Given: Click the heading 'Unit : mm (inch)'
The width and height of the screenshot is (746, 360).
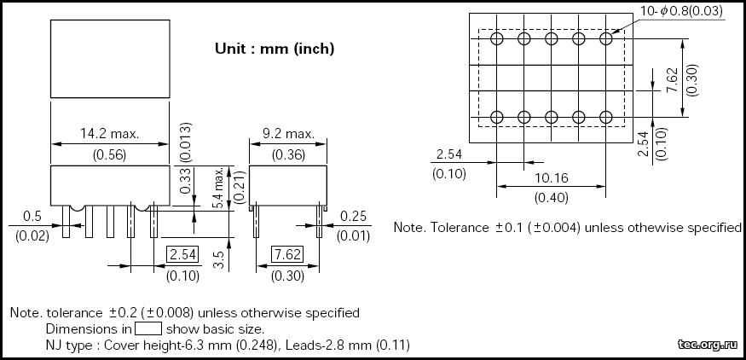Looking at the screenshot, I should click(x=274, y=49).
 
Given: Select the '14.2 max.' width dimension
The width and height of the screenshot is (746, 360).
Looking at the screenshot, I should click(x=109, y=134).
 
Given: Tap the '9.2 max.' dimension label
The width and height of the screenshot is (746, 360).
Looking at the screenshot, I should click(x=288, y=134).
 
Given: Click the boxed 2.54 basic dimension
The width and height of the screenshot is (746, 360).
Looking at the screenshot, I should click(x=182, y=254).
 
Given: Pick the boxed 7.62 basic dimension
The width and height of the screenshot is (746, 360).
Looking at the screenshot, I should click(x=287, y=254).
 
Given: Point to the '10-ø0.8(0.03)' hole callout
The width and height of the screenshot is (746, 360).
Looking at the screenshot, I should click(x=680, y=10).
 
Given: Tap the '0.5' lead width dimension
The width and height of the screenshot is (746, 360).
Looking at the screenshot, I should click(x=32, y=216).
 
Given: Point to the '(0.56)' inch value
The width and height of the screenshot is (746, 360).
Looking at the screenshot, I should click(x=109, y=154).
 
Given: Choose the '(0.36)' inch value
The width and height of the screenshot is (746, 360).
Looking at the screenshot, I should click(x=288, y=154).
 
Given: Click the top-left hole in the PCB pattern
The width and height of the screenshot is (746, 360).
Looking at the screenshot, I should click(x=497, y=39).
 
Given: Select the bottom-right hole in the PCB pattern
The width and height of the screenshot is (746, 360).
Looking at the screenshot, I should click(x=606, y=117).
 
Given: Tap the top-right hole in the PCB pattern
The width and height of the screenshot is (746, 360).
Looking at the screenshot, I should click(x=606, y=39).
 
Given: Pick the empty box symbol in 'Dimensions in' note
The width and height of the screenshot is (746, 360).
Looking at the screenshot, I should click(x=148, y=328).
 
